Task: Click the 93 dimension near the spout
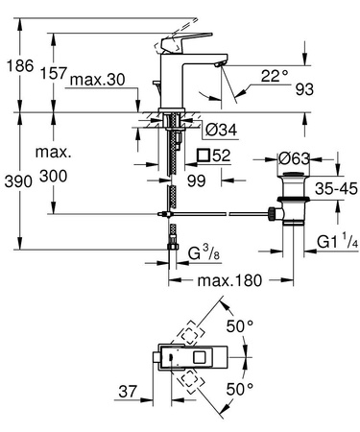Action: coord(305,90)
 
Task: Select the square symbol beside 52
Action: coord(203,155)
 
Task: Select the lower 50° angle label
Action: coord(240,390)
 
